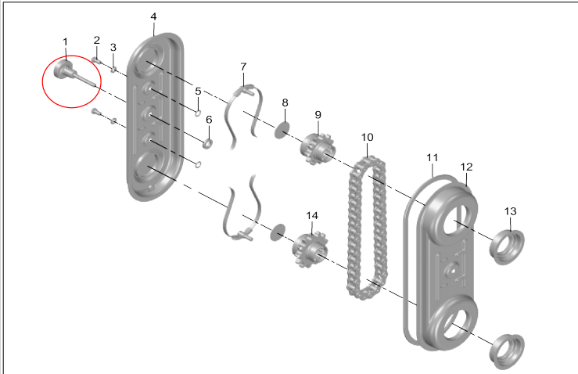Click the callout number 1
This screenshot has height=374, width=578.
pyautogui.click(x=65, y=41)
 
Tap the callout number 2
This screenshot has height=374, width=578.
pyautogui.click(x=97, y=40)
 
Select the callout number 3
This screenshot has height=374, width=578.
pyautogui.click(x=113, y=47)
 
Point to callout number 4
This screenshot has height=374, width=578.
pyautogui.click(x=153, y=16)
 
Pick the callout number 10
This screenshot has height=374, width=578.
pyautogui.click(x=367, y=138)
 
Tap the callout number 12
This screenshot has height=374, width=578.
pyautogui.click(x=466, y=167)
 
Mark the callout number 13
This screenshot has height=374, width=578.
pyautogui.click(x=510, y=211)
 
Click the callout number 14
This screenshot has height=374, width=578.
pyautogui.click(x=312, y=214)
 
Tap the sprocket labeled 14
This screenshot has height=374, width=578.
pyautogui.click(x=308, y=250)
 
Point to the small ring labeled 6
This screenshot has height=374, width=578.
pyautogui.click(x=209, y=144)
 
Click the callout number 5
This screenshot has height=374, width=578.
pyautogui.click(x=198, y=91)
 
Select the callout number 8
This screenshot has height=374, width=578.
pyautogui.click(x=285, y=102)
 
